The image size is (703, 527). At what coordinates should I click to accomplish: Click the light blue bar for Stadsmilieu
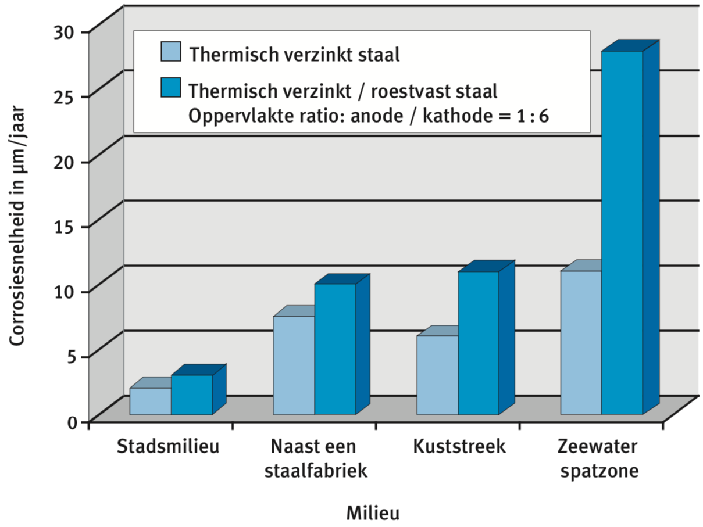pyautogui.click(x=150, y=401)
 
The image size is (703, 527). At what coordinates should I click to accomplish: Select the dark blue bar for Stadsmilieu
pyautogui.click(x=191, y=395)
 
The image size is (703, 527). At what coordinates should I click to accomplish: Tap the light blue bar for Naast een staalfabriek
pyautogui.click(x=294, y=365)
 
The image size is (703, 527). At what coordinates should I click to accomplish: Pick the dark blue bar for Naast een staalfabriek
pyautogui.click(x=335, y=349)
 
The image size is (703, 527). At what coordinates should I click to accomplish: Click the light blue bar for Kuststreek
pyautogui.click(x=437, y=375)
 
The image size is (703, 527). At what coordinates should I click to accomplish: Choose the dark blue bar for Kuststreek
pyautogui.click(x=479, y=343)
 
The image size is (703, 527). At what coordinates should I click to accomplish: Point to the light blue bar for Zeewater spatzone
pyautogui.click(x=581, y=343)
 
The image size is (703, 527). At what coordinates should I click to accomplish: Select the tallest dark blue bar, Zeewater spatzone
pyautogui.click(x=622, y=232)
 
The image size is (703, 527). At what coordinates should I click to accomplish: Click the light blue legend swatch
pyautogui.click(x=171, y=52)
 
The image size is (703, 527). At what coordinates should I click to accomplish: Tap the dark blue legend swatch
pyautogui.click(x=171, y=87)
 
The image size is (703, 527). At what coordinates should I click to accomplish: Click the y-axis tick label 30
pyautogui.click(x=64, y=32)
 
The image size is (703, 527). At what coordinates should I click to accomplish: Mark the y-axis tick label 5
pyautogui.click(x=71, y=356)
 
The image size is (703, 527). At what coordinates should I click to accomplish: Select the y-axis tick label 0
pyautogui.click(x=72, y=422)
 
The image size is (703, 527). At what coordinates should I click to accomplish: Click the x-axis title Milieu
pyautogui.click(x=373, y=513)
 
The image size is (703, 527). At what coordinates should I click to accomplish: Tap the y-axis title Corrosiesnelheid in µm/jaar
pyautogui.click(x=17, y=226)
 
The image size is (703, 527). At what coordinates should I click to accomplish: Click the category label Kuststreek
pyautogui.click(x=459, y=446)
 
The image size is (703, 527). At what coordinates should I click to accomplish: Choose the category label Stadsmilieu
pyautogui.click(x=168, y=446)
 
